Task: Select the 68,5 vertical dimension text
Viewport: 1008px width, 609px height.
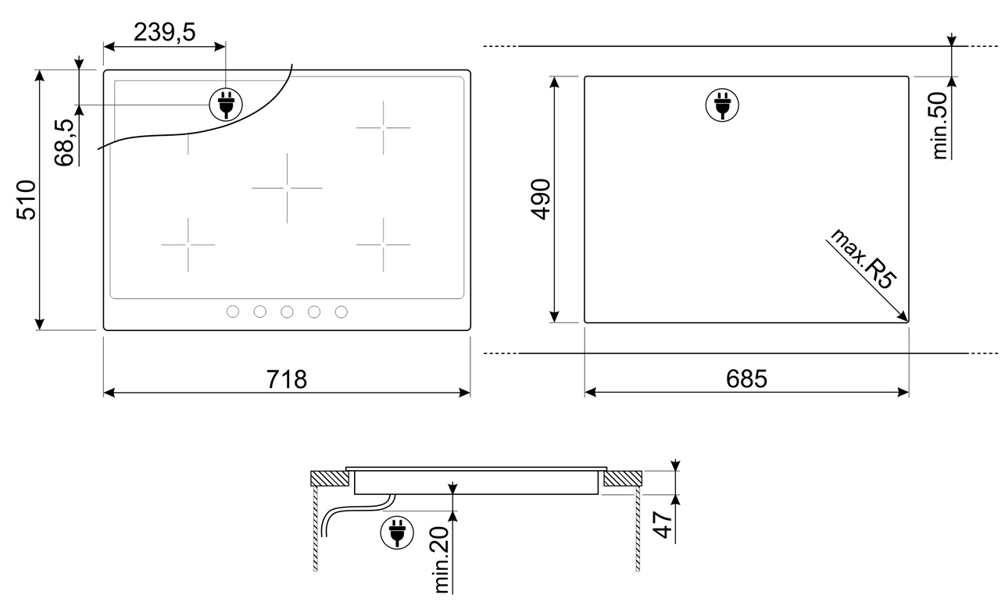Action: [65, 141]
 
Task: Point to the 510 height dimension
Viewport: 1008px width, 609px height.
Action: [26, 200]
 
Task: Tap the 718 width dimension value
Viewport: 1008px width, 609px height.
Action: [286, 379]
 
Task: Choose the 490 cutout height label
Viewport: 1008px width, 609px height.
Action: [540, 200]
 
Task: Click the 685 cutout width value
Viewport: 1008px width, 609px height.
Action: [746, 379]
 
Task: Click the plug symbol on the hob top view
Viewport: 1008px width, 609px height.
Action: [225, 103]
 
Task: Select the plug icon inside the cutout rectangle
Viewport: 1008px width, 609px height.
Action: [721, 105]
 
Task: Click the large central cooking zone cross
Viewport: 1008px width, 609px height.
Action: [287, 188]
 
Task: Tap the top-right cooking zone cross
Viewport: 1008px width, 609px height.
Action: [383, 126]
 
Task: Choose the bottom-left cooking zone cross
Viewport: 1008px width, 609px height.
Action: [188, 245]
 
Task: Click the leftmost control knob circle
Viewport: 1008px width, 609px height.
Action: [233, 312]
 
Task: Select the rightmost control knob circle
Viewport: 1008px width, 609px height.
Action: [341, 312]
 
